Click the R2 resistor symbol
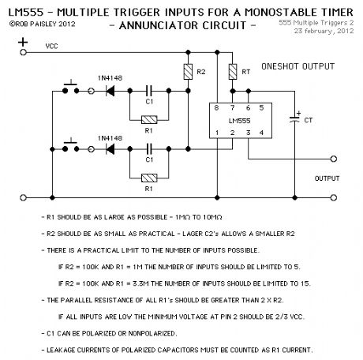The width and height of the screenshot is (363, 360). (188, 72)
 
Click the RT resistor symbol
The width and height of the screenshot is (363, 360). (233, 72)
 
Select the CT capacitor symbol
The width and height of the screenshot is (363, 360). (294, 119)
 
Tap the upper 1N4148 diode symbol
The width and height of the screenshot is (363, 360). (110, 91)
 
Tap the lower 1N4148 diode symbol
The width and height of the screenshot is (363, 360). (110, 149)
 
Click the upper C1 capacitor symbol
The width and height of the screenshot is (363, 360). (149, 91)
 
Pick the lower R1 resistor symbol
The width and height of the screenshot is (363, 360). (149, 178)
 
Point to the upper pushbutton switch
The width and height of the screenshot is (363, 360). (71, 88)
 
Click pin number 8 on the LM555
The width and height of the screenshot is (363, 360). (216, 108)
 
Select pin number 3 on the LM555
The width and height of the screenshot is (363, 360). (248, 133)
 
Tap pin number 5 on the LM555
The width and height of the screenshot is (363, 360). (261, 108)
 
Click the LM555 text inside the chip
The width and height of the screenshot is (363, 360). (239, 121)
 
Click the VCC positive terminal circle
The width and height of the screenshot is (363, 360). (23, 52)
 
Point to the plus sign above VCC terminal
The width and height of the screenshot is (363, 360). (23, 42)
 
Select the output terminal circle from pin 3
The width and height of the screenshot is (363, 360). (334, 159)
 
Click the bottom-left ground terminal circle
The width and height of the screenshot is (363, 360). (23, 197)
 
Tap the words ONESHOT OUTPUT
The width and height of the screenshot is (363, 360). (298, 66)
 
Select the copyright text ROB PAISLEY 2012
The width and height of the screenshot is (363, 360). (43, 24)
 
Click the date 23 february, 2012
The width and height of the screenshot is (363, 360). (324, 31)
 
